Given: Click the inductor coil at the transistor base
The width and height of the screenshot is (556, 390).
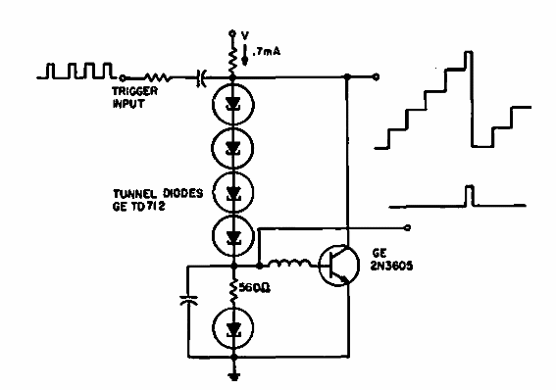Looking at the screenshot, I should point(289,264).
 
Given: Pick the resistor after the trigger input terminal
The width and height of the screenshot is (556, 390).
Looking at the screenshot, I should point(158,74).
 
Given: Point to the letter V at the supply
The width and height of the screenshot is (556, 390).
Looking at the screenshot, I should point(244,30).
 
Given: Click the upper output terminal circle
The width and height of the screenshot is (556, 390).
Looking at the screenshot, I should point(377,74).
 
